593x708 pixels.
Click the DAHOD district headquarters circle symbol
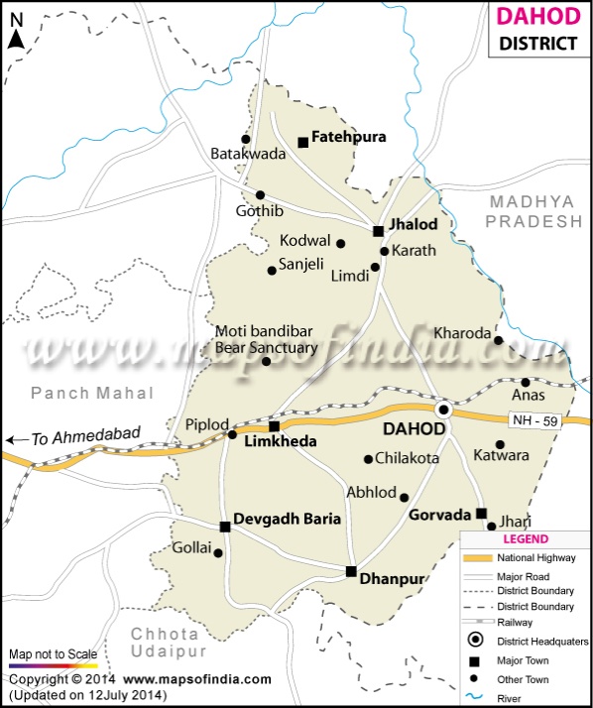coord(444,409)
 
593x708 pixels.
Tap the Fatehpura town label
coord(348,137)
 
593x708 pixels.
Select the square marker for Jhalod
coord(378,231)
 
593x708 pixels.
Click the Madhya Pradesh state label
coord(532,211)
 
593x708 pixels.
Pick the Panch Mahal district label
coord(93,393)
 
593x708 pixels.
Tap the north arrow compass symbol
coord(16,38)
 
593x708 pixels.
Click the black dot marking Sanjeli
coord(272,270)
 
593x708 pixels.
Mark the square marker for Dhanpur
coord(351,571)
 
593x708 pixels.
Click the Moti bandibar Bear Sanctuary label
coord(267,339)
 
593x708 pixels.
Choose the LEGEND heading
coord(526,539)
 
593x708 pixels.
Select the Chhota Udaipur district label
coord(166,642)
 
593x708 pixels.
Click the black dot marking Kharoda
coord(499,340)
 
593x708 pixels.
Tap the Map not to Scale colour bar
coord(54,666)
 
